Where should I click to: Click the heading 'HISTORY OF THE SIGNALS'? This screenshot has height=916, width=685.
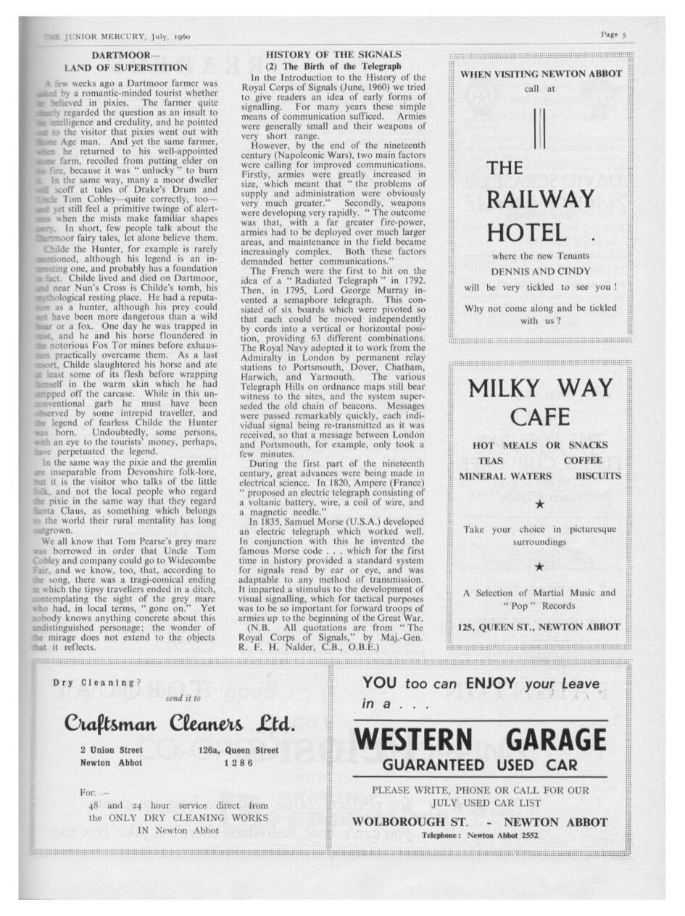click(x=333, y=54)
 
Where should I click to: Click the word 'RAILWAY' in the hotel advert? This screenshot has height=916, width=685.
click(x=540, y=199)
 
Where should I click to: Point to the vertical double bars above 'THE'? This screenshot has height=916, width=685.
click(x=538, y=128)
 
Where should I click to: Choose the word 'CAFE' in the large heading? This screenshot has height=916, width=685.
click(x=539, y=417)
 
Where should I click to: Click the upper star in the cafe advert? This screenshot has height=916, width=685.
click(x=539, y=504)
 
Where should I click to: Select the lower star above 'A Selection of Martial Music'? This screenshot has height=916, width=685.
click(x=539, y=567)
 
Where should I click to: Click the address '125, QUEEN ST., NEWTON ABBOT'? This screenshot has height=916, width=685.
click(x=539, y=626)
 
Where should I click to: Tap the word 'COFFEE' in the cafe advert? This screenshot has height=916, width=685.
click(x=583, y=461)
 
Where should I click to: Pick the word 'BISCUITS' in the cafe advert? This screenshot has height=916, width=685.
click(x=598, y=476)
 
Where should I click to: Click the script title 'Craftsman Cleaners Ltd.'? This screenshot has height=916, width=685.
click(x=180, y=724)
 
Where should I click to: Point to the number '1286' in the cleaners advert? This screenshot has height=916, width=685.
click(x=238, y=762)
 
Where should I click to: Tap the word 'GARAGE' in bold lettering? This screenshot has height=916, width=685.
click(x=556, y=740)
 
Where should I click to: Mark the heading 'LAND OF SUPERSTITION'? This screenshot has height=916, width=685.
click(x=126, y=67)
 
